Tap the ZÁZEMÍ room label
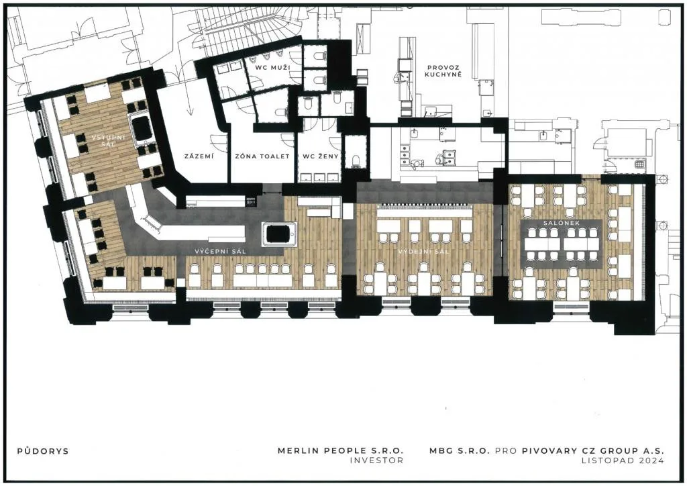(199, 156)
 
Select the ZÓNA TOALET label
(262, 156)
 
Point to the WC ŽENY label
(321, 156)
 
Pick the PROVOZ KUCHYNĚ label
(443, 71)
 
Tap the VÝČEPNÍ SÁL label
(220, 251)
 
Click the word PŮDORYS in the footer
(43, 451)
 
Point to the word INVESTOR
(376, 460)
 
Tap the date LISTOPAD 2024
(623, 460)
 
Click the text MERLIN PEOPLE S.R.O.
(340, 450)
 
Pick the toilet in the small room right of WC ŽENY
(356, 160)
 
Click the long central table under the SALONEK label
(562, 244)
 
